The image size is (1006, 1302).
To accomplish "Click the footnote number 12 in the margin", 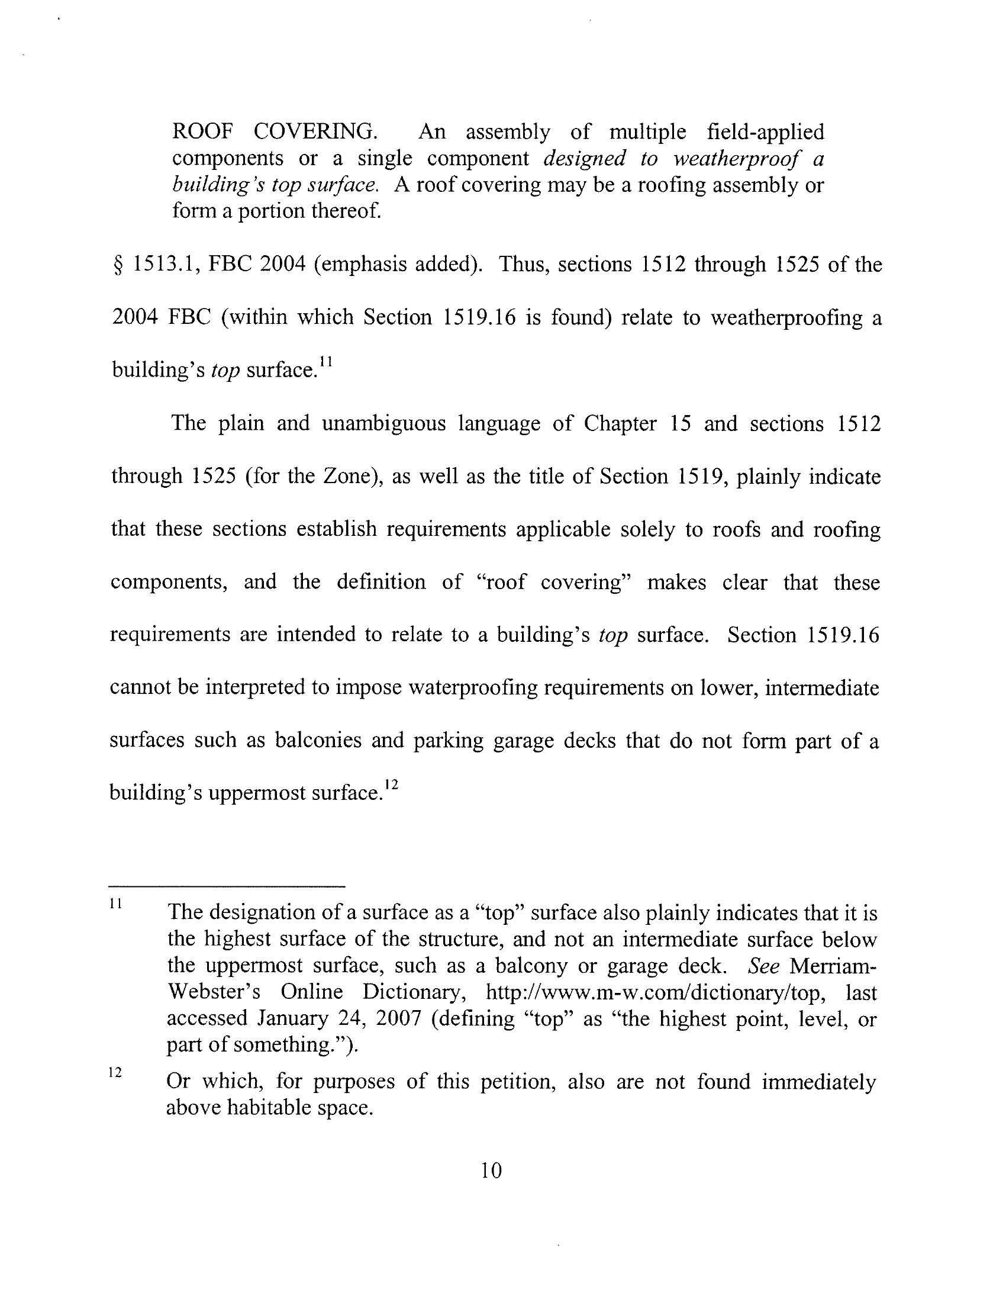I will pos(115,1072).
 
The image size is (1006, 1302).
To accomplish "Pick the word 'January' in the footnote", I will pos(292,1019).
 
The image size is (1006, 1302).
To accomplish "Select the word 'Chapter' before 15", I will pos(620,423).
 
